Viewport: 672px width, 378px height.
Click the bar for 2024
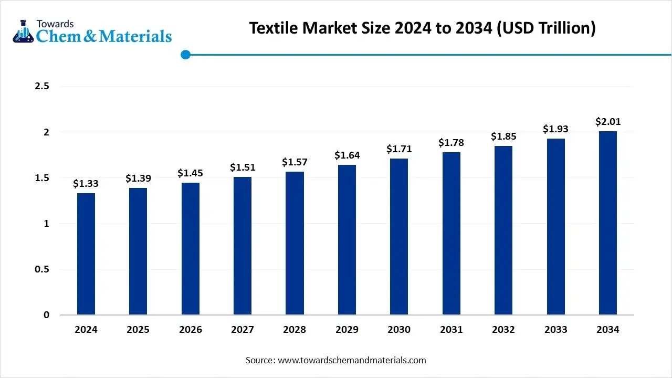tap(86, 254)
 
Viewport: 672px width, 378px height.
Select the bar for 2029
tap(346, 240)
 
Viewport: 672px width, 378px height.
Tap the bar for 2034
tap(608, 223)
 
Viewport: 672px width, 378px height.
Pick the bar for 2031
tap(451, 234)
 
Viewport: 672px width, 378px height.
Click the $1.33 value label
tap(86, 184)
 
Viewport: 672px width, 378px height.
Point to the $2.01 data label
tap(608, 122)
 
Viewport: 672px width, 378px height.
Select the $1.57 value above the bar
tap(295, 162)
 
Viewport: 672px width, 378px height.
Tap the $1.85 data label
tap(503, 136)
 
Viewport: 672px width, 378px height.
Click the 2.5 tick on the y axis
tap(42, 86)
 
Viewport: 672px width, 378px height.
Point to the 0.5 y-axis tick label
tap(42, 269)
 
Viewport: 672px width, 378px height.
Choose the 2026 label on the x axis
tap(190, 330)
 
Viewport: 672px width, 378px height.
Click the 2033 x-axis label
tap(555, 330)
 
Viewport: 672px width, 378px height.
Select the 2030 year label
tap(399, 330)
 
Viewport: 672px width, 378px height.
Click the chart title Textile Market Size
tap(422, 28)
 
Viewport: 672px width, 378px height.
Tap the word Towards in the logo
tap(55, 24)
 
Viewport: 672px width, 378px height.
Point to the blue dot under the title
tap(185, 55)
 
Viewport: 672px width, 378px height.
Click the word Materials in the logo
tap(135, 36)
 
